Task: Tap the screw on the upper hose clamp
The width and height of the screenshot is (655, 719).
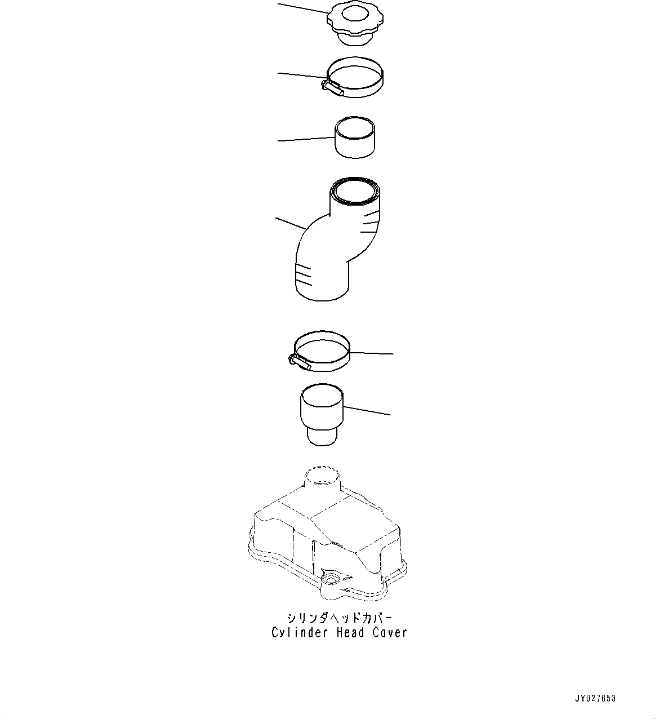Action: pyautogui.click(x=332, y=87)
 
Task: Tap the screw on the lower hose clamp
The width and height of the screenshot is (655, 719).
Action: pyautogui.click(x=298, y=362)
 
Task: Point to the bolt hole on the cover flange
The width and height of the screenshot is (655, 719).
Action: pyautogui.click(x=328, y=594)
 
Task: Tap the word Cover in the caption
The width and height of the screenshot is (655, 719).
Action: pyautogui.click(x=389, y=633)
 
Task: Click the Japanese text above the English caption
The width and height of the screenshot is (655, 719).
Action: pyautogui.click(x=338, y=618)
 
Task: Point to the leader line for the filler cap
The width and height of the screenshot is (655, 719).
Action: pyautogui.click(x=302, y=8)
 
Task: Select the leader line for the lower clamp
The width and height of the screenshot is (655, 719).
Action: pyautogui.click(x=372, y=353)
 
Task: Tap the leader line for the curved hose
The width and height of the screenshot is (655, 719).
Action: pyautogui.click(x=291, y=223)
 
